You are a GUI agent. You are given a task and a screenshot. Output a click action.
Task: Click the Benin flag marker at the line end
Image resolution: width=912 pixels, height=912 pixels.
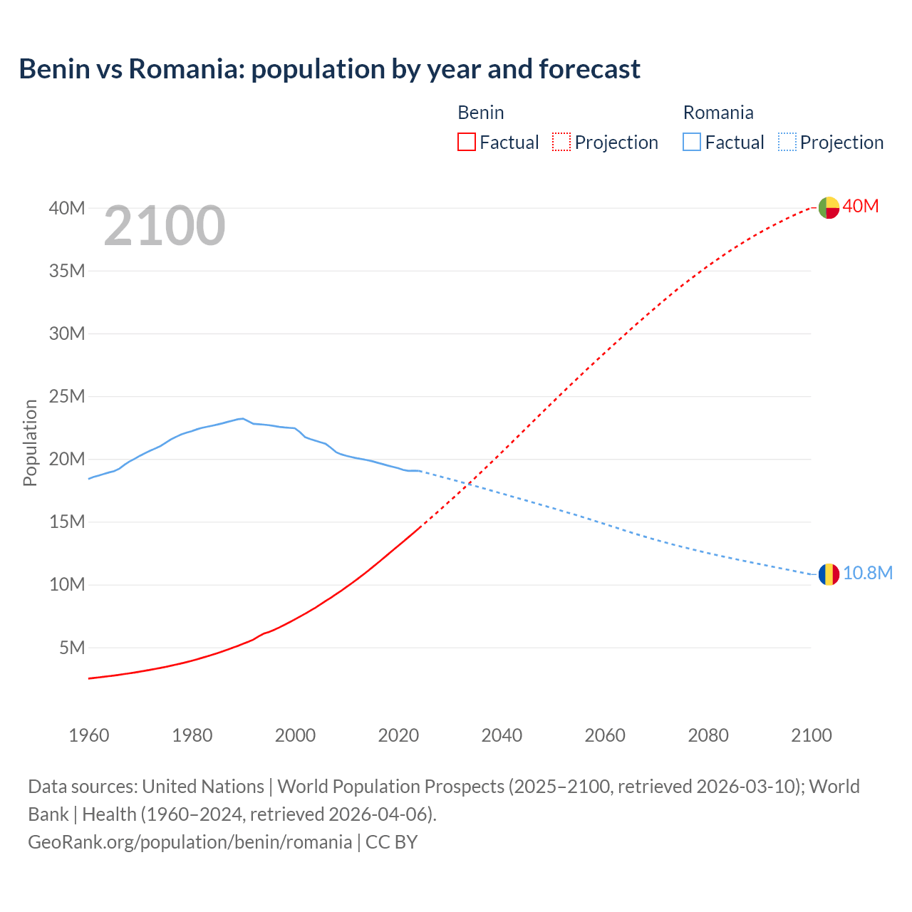click(828, 207)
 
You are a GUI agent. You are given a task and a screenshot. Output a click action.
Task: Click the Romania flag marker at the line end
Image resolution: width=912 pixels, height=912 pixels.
click(828, 574)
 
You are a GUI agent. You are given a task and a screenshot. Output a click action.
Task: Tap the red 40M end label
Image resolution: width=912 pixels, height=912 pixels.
click(860, 207)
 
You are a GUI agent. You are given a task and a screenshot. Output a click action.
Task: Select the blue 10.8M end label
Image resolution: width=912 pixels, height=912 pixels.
click(867, 574)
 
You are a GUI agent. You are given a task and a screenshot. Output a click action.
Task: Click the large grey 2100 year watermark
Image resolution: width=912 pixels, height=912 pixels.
click(165, 227)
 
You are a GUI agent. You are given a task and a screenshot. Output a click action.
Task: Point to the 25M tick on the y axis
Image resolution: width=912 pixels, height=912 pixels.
click(67, 396)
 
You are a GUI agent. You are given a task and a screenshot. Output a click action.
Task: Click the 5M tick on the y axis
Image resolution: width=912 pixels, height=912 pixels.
click(72, 648)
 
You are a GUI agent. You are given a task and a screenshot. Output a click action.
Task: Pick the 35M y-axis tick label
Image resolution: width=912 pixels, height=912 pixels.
click(67, 271)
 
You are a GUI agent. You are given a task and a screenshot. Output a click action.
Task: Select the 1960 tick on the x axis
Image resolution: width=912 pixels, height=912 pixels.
click(89, 735)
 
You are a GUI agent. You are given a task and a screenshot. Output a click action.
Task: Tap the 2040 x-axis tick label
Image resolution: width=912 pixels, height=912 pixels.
click(502, 735)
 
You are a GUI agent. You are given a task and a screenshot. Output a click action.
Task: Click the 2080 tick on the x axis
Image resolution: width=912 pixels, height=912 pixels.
click(708, 735)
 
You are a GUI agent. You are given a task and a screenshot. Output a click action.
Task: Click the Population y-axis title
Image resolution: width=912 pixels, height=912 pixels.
click(30, 442)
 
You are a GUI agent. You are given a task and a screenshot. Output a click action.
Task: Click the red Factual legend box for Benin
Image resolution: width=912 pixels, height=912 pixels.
click(467, 142)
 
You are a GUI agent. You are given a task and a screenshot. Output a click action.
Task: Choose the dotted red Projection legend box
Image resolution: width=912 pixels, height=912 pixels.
click(561, 142)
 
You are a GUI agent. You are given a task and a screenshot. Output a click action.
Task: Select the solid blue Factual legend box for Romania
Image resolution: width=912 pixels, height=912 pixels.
click(692, 142)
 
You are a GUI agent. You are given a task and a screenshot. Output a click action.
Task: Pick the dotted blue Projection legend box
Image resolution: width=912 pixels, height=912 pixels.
click(787, 142)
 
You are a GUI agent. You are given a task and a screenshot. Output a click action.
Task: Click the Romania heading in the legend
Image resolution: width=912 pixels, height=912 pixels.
click(717, 113)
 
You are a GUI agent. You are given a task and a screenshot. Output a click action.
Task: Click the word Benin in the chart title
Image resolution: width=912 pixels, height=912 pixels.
click(54, 69)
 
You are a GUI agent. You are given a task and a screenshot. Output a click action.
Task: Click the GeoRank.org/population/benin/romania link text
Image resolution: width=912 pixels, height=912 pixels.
click(190, 842)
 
